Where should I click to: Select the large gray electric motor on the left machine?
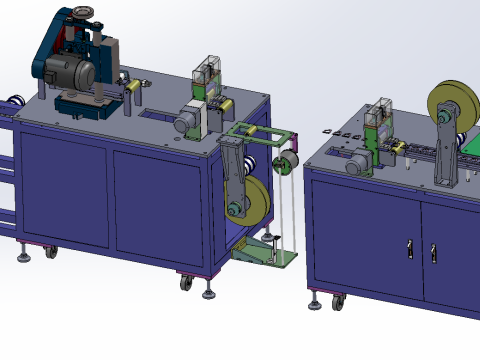coord(70,72)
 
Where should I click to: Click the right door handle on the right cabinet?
coord(433,252)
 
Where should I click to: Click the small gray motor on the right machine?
coord(355,166)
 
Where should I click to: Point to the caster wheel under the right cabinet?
coord(338,301)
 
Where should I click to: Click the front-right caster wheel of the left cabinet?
coord(186,283)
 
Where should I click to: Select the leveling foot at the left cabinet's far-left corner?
coord(23,257)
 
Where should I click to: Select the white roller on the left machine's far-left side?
coord(15,101)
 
